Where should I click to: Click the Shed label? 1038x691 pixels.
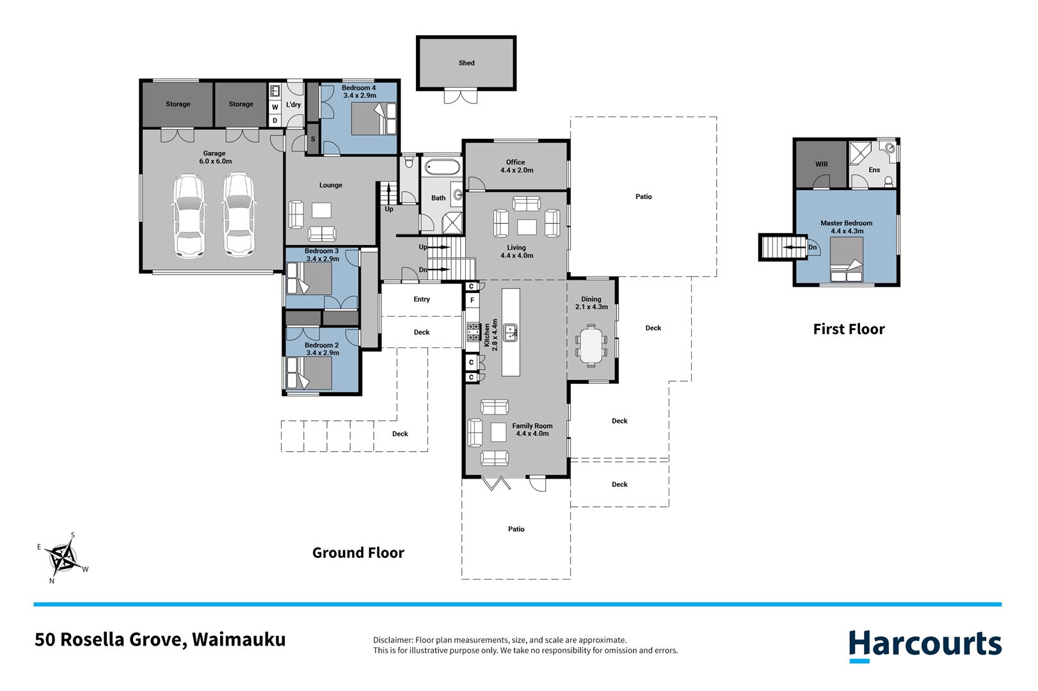[x=466, y=63]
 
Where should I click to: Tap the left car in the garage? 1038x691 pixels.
[x=189, y=216]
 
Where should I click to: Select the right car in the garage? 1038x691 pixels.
[x=239, y=214]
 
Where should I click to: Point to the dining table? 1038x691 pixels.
[x=591, y=345]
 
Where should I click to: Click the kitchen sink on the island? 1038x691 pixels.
[x=510, y=333]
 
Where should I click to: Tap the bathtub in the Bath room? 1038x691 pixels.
[x=442, y=167]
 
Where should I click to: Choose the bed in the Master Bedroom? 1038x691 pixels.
[x=846, y=260]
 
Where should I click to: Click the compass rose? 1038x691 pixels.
[x=63, y=559]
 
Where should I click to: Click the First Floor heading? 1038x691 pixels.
[x=849, y=329]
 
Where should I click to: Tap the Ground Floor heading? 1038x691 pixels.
[x=358, y=552]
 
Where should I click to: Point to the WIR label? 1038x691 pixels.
[x=822, y=164]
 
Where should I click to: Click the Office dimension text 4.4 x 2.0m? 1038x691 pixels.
[x=516, y=170]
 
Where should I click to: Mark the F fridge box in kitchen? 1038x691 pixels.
[x=472, y=300]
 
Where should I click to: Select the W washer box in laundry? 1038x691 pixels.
[x=275, y=107]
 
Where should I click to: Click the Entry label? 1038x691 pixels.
[x=422, y=299]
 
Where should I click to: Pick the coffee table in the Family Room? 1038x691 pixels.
[x=498, y=433]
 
